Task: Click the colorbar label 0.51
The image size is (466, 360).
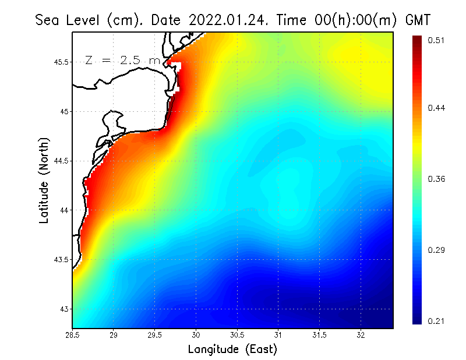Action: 437,40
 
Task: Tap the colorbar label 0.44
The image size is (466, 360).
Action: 437,108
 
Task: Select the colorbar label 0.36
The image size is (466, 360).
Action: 437,179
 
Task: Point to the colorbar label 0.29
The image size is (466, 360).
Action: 437,250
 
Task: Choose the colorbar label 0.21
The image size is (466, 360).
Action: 437,321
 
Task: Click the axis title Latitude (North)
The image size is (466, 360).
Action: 44,180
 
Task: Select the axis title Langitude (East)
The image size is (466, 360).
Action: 232,350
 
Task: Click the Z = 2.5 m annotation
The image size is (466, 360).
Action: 122,60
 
